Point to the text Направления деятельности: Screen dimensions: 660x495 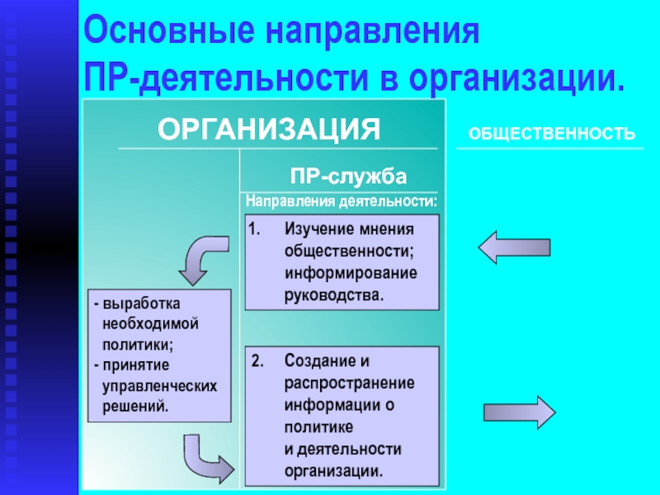[341, 200]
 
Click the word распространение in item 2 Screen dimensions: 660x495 [350, 383]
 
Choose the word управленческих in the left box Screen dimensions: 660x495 [159, 385]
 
